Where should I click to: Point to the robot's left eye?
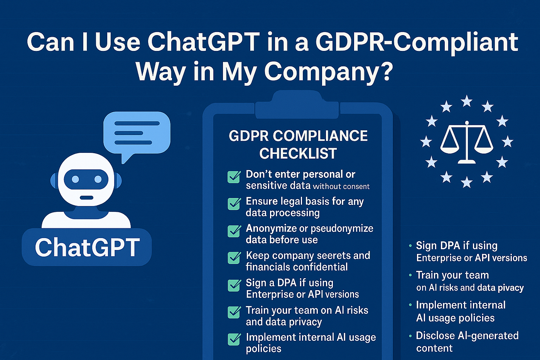(x=76, y=179)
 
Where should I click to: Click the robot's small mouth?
(x=86, y=198)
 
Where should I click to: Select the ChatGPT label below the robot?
(x=87, y=247)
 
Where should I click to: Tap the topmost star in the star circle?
(x=467, y=101)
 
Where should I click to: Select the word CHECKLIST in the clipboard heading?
(x=298, y=154)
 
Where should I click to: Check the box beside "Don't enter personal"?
(x=234, y=177)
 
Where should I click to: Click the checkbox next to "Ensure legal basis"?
(x=234, y=204)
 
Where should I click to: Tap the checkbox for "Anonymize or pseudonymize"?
(x=234, y=231)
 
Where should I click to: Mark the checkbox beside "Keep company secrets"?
(x=234, y=258)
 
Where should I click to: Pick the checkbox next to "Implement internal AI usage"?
(x=234, y=339)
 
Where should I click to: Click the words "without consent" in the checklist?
(x=341, y=187)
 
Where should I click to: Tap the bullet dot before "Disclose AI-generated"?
(x=410, y=336)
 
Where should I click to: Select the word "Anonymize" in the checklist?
(x=272, y=228)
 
